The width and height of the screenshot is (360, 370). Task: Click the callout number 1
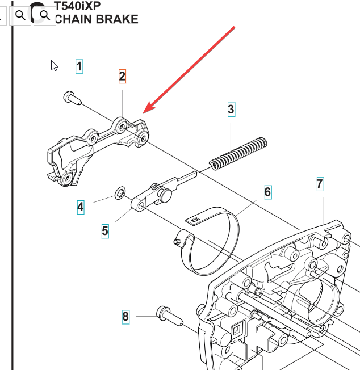click(79, 67)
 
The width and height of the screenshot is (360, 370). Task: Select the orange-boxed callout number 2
click(122, 76)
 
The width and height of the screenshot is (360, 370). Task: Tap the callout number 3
click(231, 110)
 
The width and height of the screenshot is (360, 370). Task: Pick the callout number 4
click(81, 207)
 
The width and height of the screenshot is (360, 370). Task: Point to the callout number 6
click(267, 192)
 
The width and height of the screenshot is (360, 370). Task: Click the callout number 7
click(320, 183)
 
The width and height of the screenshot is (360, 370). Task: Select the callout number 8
click(125, 316)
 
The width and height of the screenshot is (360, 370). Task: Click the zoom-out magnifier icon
click(20, 15)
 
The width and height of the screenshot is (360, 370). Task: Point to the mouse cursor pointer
click(54, 65)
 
